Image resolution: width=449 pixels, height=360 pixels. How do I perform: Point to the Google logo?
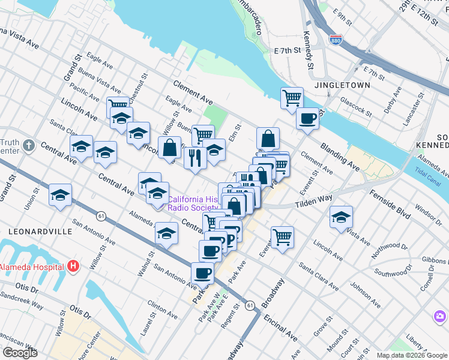pos(20,353)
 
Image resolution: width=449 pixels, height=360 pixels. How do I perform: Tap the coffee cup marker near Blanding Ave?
pos(307,118)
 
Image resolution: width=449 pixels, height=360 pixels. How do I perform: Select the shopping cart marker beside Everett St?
pos(282,236)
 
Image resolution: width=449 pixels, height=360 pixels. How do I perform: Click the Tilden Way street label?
pos(313,202)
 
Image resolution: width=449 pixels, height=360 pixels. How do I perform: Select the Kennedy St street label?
pos(310,49)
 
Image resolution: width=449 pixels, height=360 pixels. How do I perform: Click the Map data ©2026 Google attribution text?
pos(412,355)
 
